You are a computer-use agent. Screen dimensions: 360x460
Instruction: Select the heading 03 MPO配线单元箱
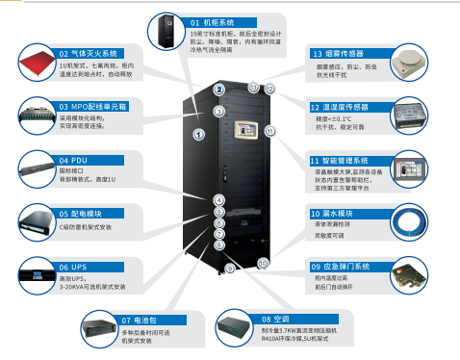coord(95,107)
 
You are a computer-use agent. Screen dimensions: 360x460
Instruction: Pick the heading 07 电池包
coord(145,318)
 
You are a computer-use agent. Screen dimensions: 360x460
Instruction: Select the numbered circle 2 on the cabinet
coord(219,90)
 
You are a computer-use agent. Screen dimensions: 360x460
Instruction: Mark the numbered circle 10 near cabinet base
coord(263,263)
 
